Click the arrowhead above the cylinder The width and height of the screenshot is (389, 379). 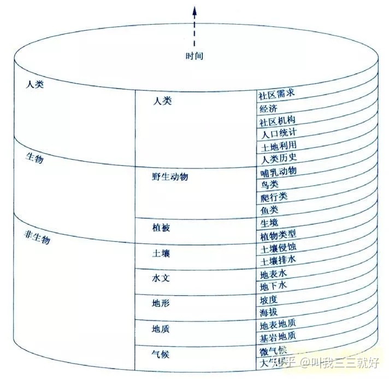(193, 9)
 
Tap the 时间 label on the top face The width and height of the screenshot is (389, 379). (194, 56)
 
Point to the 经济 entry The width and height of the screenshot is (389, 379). (269, 107)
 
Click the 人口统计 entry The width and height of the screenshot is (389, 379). (279, 132)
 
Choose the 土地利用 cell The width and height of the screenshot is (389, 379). (279, 145)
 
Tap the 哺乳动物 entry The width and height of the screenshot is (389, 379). (279, 171)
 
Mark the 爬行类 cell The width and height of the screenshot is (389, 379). (274, 196)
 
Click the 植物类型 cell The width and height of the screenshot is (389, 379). (279, 235)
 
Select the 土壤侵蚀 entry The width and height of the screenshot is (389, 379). (279, 248)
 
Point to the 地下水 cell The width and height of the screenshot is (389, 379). (274, 285)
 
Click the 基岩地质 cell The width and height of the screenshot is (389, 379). (279, 336)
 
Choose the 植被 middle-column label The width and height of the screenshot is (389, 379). (161, 227)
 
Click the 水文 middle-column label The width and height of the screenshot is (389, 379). (161, 278)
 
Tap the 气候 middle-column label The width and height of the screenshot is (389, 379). (161, 353)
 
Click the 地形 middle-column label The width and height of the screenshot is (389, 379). (161, 302)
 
